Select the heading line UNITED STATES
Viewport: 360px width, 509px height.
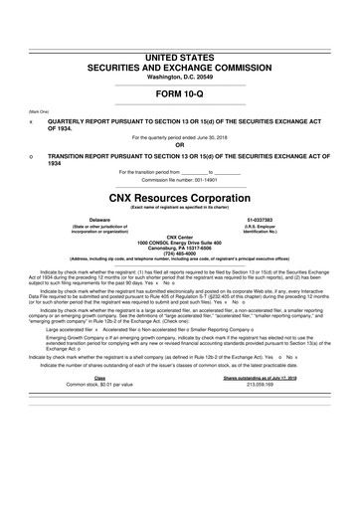pos(179,30)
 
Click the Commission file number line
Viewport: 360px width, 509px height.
pos(179,180)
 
